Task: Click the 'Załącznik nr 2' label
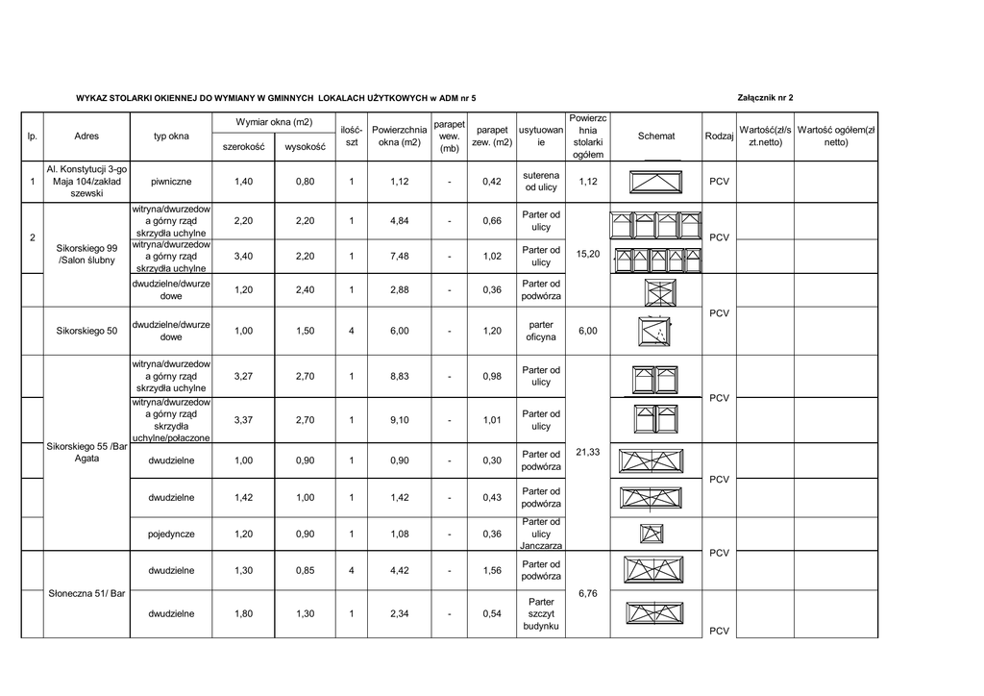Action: click(x=765, y=98)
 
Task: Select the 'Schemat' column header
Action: click(x=656, y=137)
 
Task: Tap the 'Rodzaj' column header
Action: click(x=720, y=137)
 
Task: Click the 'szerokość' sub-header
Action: click(x=244, y=147)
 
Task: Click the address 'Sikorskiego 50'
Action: click(x=86, y=332)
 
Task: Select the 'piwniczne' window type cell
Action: click(x=171, y=182)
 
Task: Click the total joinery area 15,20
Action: click(x=588, y=255)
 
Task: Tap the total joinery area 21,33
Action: click(x=588, y=452)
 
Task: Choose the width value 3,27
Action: click(x=244, y=377)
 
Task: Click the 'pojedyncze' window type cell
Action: click(x=171, y=534)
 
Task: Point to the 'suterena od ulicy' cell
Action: click(x=541, y=182)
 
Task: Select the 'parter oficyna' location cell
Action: click(x=541, y=332)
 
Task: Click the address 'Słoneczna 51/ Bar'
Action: click(x=86, y=594)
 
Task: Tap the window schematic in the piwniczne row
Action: click(x=655, y=182)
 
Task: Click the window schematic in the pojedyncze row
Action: click(x=652, y=534)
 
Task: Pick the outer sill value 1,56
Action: click(x=492, y=571)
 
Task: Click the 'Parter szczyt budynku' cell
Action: click(x=541, y=613)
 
